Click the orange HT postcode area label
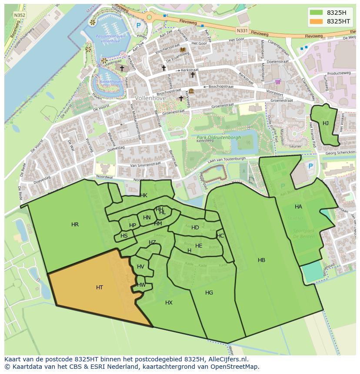[x=100, y=288]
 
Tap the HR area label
[x=75, y=225]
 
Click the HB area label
[x=261, y=260]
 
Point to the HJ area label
[x=326, y=123]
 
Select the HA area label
[x=298, y=207]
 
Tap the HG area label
[x=209, y=293]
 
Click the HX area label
[x=169, y=303]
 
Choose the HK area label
[x=143, y=195]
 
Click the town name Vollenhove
[x=151, y=99]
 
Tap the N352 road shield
[x=20, y=15]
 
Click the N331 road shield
[x=242, y=30]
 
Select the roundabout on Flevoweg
[x=150, y=17]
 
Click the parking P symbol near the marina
[x=139, y=26]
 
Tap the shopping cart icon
[x=278, y=81]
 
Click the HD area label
[x=195, y=228]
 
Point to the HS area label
[x=124, y=236]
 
